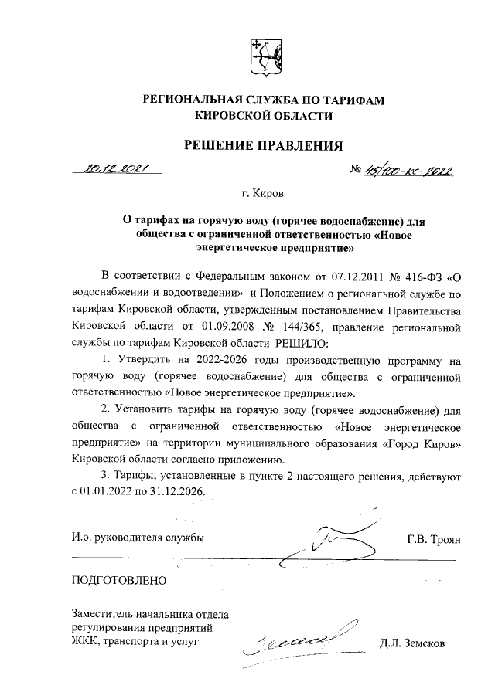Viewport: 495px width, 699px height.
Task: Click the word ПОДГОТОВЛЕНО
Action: (x=118, y=579)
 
